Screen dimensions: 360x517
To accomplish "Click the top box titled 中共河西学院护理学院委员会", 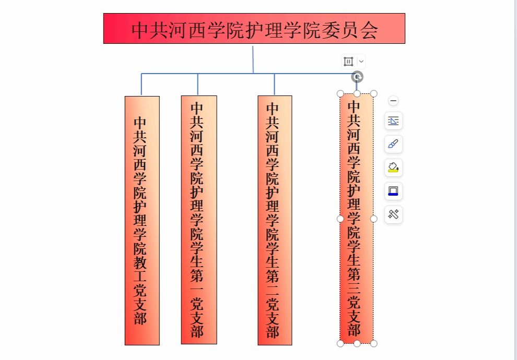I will (254, 29).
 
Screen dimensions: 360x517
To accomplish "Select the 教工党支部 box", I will (142, 219).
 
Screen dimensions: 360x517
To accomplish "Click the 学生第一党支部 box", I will (199, 219).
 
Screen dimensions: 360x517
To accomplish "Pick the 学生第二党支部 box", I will (275, 219).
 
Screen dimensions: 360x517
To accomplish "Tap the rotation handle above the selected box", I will (357, 77).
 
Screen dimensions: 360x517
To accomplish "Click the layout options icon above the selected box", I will (348, 62).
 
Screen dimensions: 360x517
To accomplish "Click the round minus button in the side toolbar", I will (394, 101).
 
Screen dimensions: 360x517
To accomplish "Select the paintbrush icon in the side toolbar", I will (394, 144).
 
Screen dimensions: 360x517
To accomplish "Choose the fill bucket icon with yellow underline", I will (394, 167).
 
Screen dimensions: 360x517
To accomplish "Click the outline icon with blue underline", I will (394, 191).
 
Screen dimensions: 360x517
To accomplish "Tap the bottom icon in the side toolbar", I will (394, 214).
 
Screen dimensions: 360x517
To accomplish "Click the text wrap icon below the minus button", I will (394, 121).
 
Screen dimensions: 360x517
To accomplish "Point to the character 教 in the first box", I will (140, 261).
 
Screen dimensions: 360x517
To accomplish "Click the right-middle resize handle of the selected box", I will (374, 219).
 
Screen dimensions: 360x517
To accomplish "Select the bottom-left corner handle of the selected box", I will (340, 343).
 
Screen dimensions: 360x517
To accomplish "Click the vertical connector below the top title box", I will (253, 58).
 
